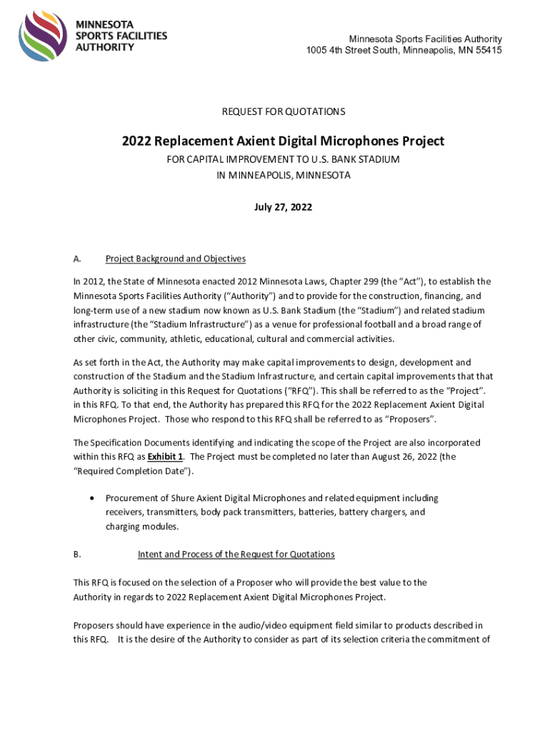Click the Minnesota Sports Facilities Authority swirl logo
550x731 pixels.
pos(44,36)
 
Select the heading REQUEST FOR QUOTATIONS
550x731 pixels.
pos(284,111)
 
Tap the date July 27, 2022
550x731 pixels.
pos(284,207)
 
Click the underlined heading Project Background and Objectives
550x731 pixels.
pos(175,259)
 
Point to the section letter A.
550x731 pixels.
pos(76,259)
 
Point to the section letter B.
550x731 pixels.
pos(76,554)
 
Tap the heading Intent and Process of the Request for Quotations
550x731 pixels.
pos(236,554)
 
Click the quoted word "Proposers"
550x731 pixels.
pos(410,418)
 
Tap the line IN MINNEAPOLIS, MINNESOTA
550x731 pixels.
pos(284,175)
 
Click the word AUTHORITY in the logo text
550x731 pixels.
pos(105,47)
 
